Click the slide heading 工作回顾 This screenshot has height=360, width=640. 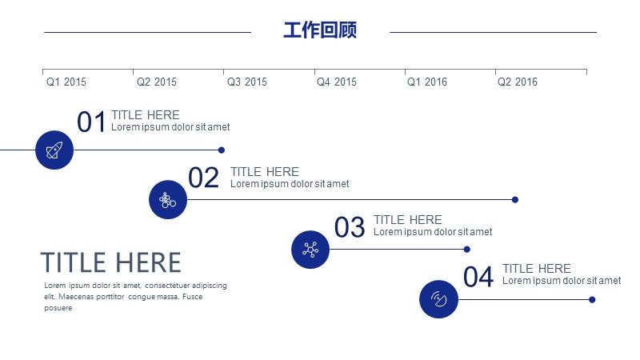pyautogui.click(x=320, y=30)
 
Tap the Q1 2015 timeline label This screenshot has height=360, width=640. pyautogui.click(x=66, y=82)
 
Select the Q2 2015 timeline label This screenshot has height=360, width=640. pyautogui.click(x=157, y=82)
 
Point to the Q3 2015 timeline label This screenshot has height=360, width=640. pyautogui.click(x=247, y=82)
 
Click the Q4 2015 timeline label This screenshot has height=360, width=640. pyautogui.click(x=337, y=82)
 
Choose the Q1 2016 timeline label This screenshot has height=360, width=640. pyautogui.click(x=427, y=82)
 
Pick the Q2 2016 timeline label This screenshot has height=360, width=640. pyautogui.click(x=518, y=82)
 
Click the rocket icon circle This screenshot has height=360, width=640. pyautogui.click(x=54, y=150)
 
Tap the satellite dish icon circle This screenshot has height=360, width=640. pyautogui.click(x=438, y=299)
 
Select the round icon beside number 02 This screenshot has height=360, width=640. pyautogui.click(x=168, y=199)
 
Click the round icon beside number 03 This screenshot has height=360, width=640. pyautogui.click(x=310, y=250)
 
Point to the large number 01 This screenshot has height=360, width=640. pyautogui.click(x=91, y=122)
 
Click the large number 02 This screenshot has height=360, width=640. pyautogui.click(x=204, y=178)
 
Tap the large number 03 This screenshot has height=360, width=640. pyautogui.click(x=350, y=227)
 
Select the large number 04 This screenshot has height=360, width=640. pyautogui.click(x=478, y=277)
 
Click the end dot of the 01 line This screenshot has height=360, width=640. pyautogui.click(x=222, y=150)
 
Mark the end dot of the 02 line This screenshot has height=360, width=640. pyautogui.click(x=515, y=199)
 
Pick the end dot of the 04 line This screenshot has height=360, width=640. pyautogui.click(x=592, y=299)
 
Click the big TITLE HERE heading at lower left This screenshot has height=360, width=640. pyautogui.click(x=110, y=262)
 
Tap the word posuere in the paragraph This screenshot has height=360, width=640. pyautogui.click(x=58, y=308)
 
